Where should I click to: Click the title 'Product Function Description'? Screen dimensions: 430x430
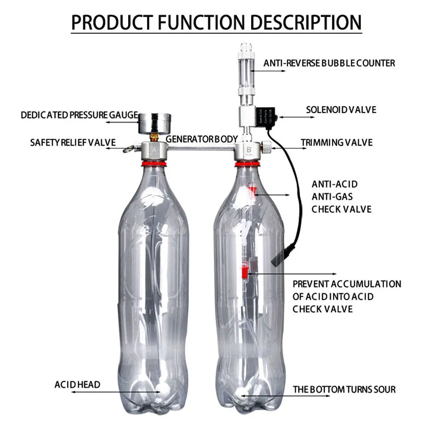click(216, 22)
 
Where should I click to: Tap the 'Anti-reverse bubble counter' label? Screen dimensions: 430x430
click(329, 63)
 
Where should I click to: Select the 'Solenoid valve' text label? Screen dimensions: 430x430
click(341, 110)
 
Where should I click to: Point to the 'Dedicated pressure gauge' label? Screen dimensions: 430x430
click(79, 115)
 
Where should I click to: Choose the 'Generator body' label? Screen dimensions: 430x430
click(202, 139)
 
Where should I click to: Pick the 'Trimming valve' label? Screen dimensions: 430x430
click(336, 142)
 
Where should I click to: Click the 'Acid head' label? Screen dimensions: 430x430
click(77, 384)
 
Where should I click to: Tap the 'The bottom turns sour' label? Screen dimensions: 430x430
click(344, 390)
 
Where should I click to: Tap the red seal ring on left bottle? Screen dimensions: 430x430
click(153, 163)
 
